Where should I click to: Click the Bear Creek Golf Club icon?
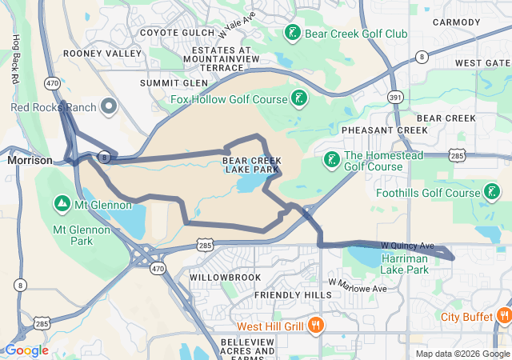(293, 33)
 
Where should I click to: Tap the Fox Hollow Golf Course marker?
(299, 99)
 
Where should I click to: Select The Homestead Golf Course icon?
(331, 160)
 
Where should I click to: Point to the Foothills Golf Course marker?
(492, 192)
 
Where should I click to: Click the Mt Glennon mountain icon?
(62, 204)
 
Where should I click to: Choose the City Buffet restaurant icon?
(503, 316)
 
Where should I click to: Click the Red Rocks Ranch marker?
(109, 107)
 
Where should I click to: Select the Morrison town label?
(30, 160)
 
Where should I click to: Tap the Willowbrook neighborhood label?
(225, 277)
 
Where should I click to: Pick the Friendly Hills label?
(292, 295)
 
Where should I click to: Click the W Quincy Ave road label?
(407, 246)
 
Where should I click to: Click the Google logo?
(26, 350)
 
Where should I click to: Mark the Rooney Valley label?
(102, 54)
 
